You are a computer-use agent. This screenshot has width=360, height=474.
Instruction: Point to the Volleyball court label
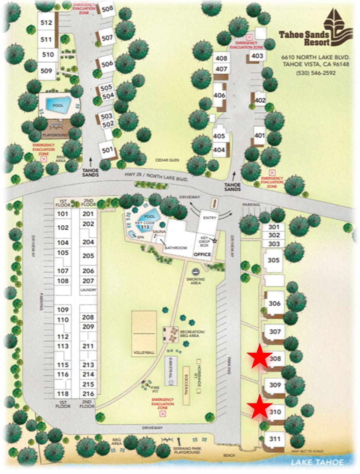(x=144, y=353)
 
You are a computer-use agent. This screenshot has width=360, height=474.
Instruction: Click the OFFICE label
(x=202, y=254)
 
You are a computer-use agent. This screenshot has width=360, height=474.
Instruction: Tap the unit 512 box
(x=46, y=22)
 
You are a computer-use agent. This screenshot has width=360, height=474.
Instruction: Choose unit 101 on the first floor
(x=63, y=214)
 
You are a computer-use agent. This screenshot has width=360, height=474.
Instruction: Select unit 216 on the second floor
(x=88, y=394)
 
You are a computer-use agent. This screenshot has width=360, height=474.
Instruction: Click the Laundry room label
(x=88, y=290)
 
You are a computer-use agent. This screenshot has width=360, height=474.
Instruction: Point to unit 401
(x=259, y=135)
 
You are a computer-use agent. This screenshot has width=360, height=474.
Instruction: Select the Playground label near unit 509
(x=55, y=135)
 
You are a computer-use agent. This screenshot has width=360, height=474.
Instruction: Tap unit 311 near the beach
(x=275, y=439)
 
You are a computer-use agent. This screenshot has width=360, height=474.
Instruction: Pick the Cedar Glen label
(x=168, y=160)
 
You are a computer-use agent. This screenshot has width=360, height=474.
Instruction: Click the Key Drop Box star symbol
(x=215, y=240)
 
